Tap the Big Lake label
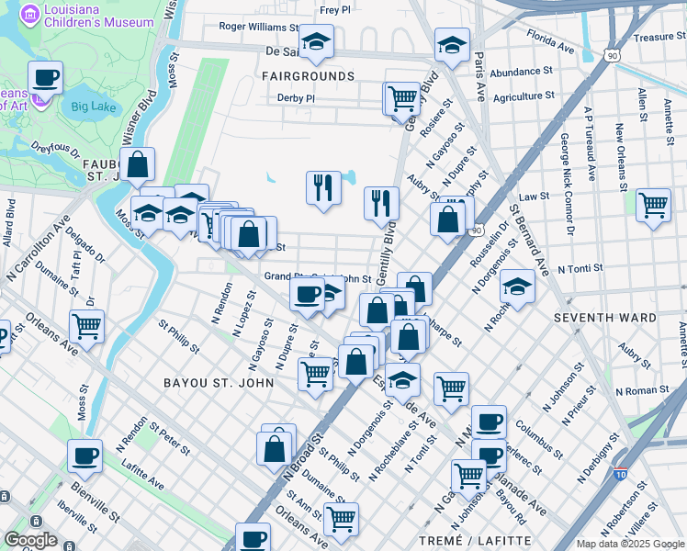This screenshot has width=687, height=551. coord(93,107)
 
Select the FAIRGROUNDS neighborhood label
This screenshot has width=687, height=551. coord(308,75)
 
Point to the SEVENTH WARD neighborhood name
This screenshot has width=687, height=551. coord(604,318)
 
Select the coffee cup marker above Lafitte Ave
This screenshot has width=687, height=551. coord(85,455)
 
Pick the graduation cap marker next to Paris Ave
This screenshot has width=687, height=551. coord(452,44)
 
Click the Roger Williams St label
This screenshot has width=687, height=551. coord(259,28)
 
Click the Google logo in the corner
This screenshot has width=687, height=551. coord(30,540)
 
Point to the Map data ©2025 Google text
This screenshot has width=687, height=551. coord(629,544)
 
